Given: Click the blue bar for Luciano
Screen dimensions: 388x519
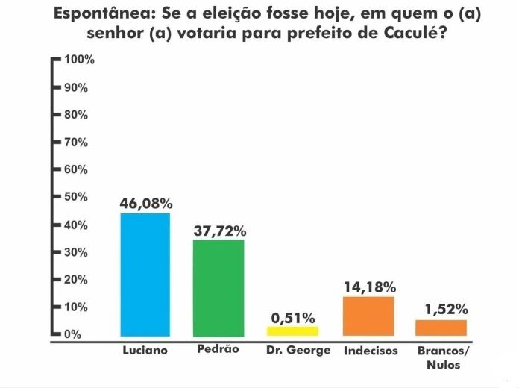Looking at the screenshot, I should coord(145,275).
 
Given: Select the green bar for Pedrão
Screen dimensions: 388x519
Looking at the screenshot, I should coord(218,287).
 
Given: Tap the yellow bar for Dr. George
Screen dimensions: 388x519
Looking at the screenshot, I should coord(293,331).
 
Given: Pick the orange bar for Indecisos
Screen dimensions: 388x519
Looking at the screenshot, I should coord(368,316).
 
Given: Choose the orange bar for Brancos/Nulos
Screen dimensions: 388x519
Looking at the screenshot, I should coord(441,328).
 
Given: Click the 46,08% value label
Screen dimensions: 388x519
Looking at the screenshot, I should coord(145,203).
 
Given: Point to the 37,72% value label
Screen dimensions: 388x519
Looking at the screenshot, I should coord(218,231).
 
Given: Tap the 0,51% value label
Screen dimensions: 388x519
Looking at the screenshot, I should coord(293,318).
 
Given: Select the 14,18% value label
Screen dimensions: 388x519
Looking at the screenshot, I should coord(368,287).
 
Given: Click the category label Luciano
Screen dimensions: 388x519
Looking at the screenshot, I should coord(145,350).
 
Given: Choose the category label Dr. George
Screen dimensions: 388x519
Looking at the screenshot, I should coord(298,350).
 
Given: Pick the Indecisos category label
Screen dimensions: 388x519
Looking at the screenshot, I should coord(371,350).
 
